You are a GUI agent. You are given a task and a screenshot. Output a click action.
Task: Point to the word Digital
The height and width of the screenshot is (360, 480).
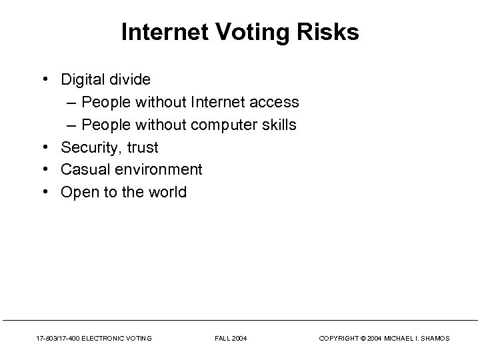pos(82,79)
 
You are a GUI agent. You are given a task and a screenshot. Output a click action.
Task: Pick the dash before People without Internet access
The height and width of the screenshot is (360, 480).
pos(72,102)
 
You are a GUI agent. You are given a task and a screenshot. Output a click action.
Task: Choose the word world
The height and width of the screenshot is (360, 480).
pos(167,193)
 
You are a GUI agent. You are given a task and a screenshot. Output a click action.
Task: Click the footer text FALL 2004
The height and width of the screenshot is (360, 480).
pos(231,339)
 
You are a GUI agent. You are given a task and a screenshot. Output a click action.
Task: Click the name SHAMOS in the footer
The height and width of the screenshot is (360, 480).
pos(435,339)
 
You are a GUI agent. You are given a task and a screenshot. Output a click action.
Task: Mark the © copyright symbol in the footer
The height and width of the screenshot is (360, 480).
pos(363,339)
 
